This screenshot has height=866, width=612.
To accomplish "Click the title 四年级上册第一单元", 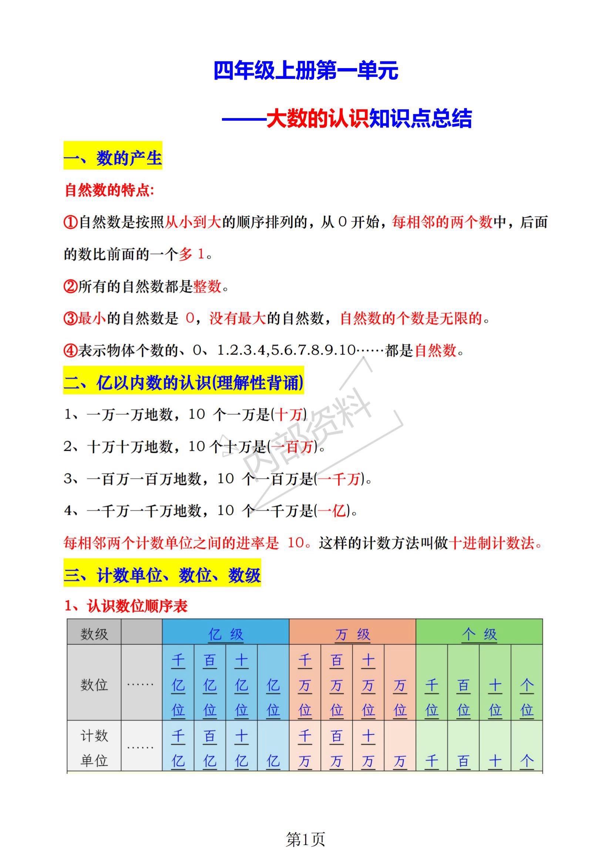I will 305,71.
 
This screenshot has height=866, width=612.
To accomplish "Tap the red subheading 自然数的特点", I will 110,190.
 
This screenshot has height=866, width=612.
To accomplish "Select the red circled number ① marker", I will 70,222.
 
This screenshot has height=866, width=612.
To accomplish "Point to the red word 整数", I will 207,287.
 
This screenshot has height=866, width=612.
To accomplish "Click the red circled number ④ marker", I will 70,351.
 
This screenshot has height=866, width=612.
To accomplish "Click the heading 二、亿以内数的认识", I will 183,383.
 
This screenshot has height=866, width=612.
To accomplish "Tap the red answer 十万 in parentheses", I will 289,415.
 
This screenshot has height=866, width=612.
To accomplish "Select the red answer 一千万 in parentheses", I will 338,479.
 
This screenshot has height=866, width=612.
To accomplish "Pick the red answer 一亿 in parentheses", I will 332,511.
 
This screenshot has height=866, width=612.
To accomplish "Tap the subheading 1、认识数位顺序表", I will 126,606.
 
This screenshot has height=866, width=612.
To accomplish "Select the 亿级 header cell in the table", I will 225,634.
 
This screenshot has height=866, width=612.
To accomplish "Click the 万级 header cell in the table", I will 352,634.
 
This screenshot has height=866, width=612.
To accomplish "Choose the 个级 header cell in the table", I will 479,634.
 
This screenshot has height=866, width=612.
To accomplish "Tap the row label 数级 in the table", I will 94,634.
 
